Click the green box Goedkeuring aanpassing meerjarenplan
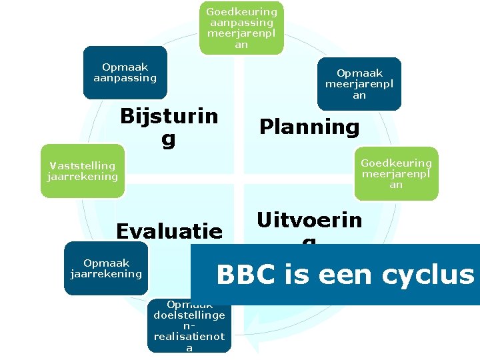[x=241, y=28]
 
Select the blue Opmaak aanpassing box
[x=125, y=73]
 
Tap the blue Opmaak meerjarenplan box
[x=359, y=83]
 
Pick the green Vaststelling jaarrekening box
[x=83, y=171]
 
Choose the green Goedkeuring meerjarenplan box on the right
[x=396, y=173]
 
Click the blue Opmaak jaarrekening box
[x=106, y=268]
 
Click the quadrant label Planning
[x=309, y=127]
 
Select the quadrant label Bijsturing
[x=169, y=127]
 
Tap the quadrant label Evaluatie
[x=169, y=231]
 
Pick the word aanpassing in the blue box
[x=125, y=78]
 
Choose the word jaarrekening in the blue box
[x=106, y=273]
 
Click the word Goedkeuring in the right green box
[x=396, y=163]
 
